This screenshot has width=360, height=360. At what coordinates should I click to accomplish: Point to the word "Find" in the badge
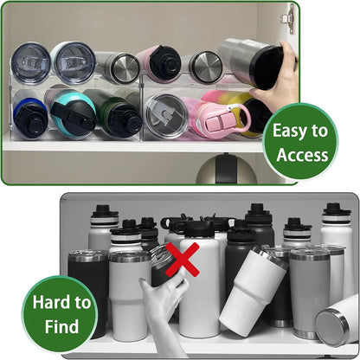pos(61,328)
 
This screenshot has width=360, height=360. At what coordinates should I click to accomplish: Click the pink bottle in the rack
pos(210,113)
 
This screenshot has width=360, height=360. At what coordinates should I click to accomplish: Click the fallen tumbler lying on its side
pos(338,321)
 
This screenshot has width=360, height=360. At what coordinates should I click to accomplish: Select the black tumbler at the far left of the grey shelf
pos(87,290)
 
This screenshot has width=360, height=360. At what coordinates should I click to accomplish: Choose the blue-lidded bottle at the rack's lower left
pos(30,116)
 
